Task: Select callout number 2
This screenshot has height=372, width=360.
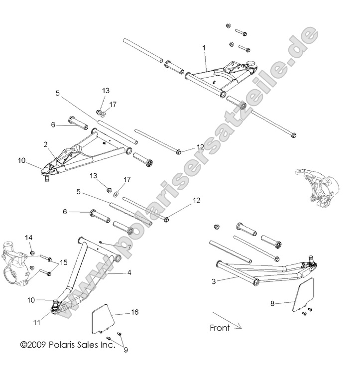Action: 45,144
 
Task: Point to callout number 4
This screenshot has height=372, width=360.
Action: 129,272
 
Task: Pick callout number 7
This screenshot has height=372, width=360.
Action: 129,247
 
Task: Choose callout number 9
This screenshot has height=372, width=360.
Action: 126,350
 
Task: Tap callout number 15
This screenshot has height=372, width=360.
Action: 64,262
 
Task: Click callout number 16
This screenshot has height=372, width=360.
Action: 135,312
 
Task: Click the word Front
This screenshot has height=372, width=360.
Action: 220,328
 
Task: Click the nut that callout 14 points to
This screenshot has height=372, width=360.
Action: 32,253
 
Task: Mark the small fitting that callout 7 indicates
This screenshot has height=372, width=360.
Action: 101,243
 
